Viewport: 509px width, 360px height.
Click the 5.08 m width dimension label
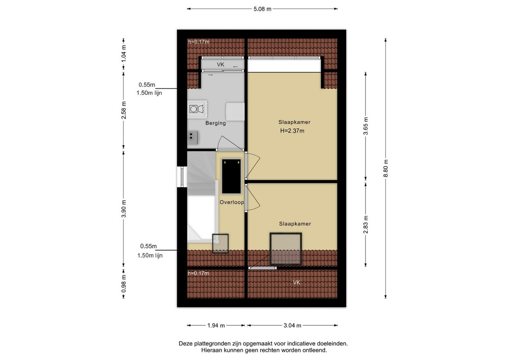tap(262, 9)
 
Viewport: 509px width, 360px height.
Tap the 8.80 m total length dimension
tap(386, 168)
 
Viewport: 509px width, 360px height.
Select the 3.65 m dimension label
tap(365, 126)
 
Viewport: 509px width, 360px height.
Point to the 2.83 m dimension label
tap(365, 224)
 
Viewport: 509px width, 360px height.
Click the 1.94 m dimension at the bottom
tap(216, 325)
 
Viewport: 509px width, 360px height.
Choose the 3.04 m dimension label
tap(292, 325)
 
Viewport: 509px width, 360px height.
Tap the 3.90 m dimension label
tap(123, 209)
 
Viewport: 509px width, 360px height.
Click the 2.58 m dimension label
tap(123, 110)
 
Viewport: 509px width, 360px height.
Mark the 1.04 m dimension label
tap(123, 54)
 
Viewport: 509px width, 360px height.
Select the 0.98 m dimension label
tap(123, 283)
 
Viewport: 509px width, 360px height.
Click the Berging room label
tap(216, 123)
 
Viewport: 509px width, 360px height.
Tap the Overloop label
tap(232, 202)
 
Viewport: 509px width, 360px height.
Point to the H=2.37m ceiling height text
tap(292, 131)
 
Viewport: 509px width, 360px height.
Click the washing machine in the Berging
tap(198, 109)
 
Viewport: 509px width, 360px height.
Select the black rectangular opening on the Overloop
tap(231, 176)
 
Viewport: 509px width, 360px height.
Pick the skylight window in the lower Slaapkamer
tap(286, 249)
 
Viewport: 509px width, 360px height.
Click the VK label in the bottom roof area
tap(297, 283)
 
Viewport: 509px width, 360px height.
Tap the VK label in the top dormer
tap(221, 65)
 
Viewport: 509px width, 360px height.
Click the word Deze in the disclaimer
tap(185, 343)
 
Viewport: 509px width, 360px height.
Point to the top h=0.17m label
tap(198, 42)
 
